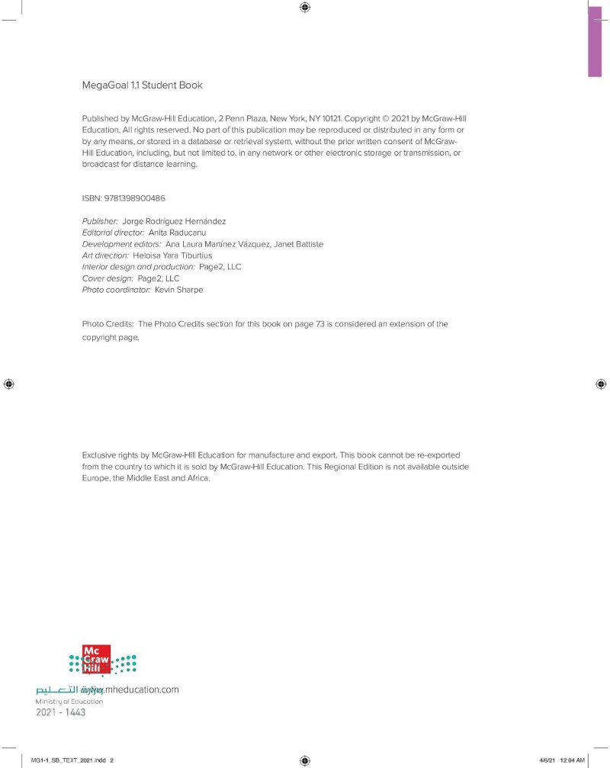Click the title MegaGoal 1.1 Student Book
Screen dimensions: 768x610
pos(142,85)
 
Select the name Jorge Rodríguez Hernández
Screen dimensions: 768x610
pos(180,221)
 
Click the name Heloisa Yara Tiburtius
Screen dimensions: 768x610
pos(172,255)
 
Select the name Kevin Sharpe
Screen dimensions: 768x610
pos(178,290)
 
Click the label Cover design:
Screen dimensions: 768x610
pos(108,278)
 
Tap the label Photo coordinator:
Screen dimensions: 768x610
pos(116,290)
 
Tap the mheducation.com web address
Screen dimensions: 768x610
pos(142,689)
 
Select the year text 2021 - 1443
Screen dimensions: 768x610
pos(61,712)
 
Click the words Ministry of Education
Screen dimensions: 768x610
pos(69,701)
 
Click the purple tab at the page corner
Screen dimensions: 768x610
pos(595,38)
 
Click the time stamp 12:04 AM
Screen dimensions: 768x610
pos(571,760)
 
